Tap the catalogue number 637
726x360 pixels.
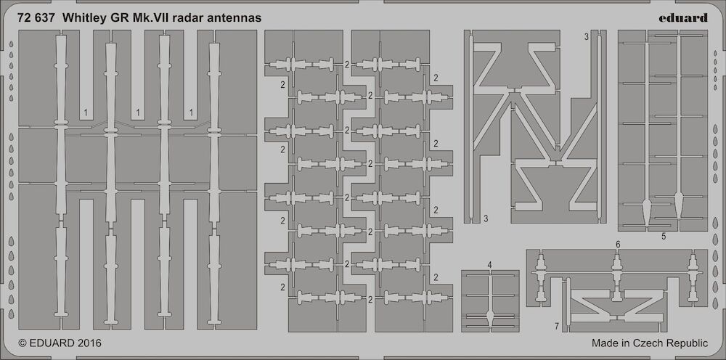point(46,19)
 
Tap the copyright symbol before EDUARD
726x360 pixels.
point(23,343)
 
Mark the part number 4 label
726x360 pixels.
point(490,265)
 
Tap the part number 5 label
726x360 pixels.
point(664,237)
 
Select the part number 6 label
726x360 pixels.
point(618,244)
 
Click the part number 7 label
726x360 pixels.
point(557,326)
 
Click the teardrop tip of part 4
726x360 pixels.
point(490,316)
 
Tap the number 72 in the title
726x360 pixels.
point(25,19)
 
